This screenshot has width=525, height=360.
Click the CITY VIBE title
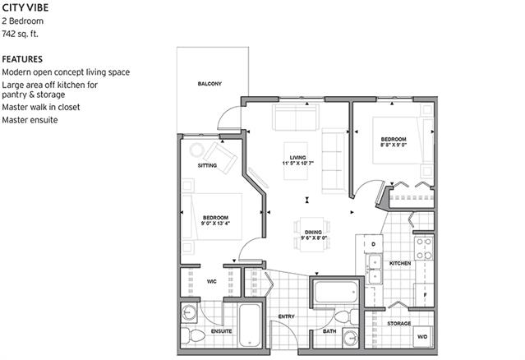tap(25, 7)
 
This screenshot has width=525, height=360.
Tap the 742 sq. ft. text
tap(20, 34)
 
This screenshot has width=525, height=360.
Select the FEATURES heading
tap(22, 59)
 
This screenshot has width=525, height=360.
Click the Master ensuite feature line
tap(30, 120)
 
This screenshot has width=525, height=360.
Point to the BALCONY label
tap(210, 84)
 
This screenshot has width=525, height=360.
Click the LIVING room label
tap(297, 158)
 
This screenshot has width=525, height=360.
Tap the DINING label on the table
tap(313, 233)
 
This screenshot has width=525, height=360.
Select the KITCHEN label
tap(400, 264)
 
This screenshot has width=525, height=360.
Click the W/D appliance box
tap(422, 336)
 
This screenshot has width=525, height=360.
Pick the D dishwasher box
tap(373, 244)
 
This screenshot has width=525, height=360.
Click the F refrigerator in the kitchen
tap(425, 295)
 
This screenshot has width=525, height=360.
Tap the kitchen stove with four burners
tap(424, 248)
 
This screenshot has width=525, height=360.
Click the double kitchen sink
tap(375, 269)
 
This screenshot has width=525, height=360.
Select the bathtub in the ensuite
tap(250, 325)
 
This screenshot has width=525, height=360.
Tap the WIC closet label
tap(212, 282)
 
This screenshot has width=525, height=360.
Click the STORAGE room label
tap(399, 324)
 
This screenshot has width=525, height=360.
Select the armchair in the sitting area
tap(221, 157)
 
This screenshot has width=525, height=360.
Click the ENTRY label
tap(286, 316)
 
